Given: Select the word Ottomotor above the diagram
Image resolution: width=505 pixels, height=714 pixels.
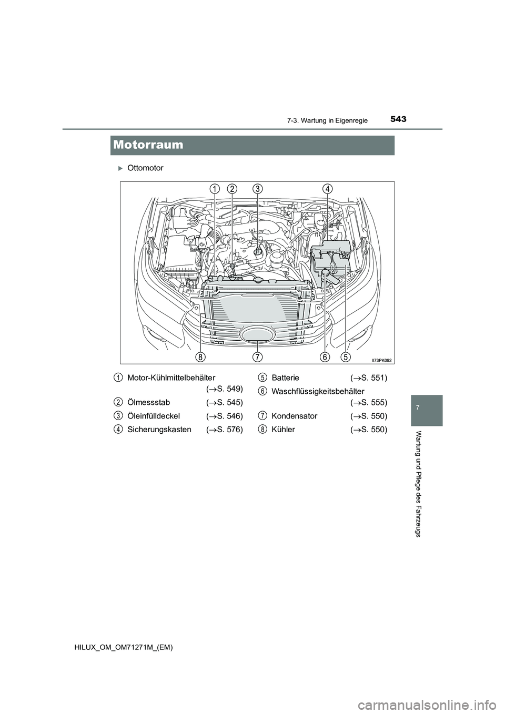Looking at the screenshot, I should pos(145,168).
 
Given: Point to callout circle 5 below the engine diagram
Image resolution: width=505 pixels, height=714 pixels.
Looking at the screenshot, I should pos(345,357).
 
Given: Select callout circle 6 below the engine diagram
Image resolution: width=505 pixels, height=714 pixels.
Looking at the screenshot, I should pos(325,357).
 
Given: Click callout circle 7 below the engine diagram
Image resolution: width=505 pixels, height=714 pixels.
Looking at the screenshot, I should pos(257,357).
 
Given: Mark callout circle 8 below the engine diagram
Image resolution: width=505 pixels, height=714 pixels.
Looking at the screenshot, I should pos(200,357).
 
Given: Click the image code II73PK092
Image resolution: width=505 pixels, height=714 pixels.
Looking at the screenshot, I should pos(381,360).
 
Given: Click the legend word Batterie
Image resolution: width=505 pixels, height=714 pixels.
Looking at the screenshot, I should pos(285,378).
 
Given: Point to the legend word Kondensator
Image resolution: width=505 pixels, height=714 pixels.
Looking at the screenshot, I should pos(294,416).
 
